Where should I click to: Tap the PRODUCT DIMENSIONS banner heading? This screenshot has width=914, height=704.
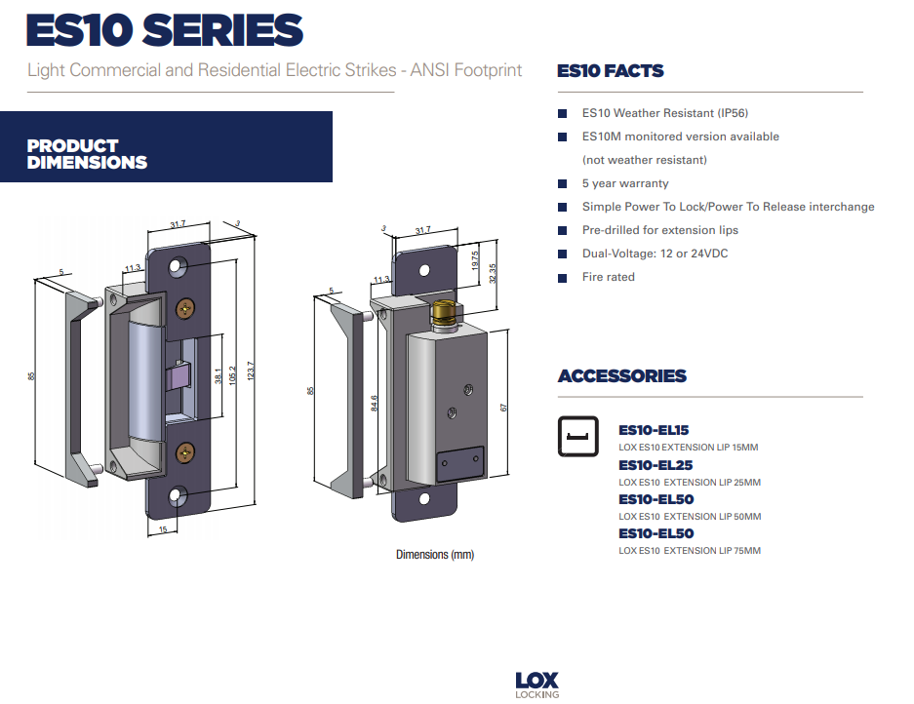[x=87, y=154]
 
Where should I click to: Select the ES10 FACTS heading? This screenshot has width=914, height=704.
[x=610, y=71]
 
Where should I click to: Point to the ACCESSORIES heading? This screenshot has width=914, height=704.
[x=621, y=376]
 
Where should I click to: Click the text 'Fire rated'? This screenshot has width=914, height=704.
[x=608, y=277]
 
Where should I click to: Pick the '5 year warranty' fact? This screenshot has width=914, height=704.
[x=625, y=183]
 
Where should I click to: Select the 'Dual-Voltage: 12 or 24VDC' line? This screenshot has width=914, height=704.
[x=655, y=254]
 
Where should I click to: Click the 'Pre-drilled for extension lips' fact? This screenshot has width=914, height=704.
[x=659, y=230]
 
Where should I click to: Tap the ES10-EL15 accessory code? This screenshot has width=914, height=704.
[x=656, y=429]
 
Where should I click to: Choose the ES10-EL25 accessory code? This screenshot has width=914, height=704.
[x=656, y=465]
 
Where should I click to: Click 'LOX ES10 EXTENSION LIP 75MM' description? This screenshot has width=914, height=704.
[x=689, y=551]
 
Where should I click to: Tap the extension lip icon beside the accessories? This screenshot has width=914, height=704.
[x=578, y=437]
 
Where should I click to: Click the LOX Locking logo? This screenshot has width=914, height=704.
[x=536, y=684]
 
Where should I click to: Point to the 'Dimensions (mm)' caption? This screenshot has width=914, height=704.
[x=434, y=555]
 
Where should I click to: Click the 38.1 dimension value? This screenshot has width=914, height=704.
[x=217, y=376]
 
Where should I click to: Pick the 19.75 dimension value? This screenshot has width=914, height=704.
[x=475, y=260]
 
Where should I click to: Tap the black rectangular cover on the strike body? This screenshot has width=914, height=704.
[x=459, y=461]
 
